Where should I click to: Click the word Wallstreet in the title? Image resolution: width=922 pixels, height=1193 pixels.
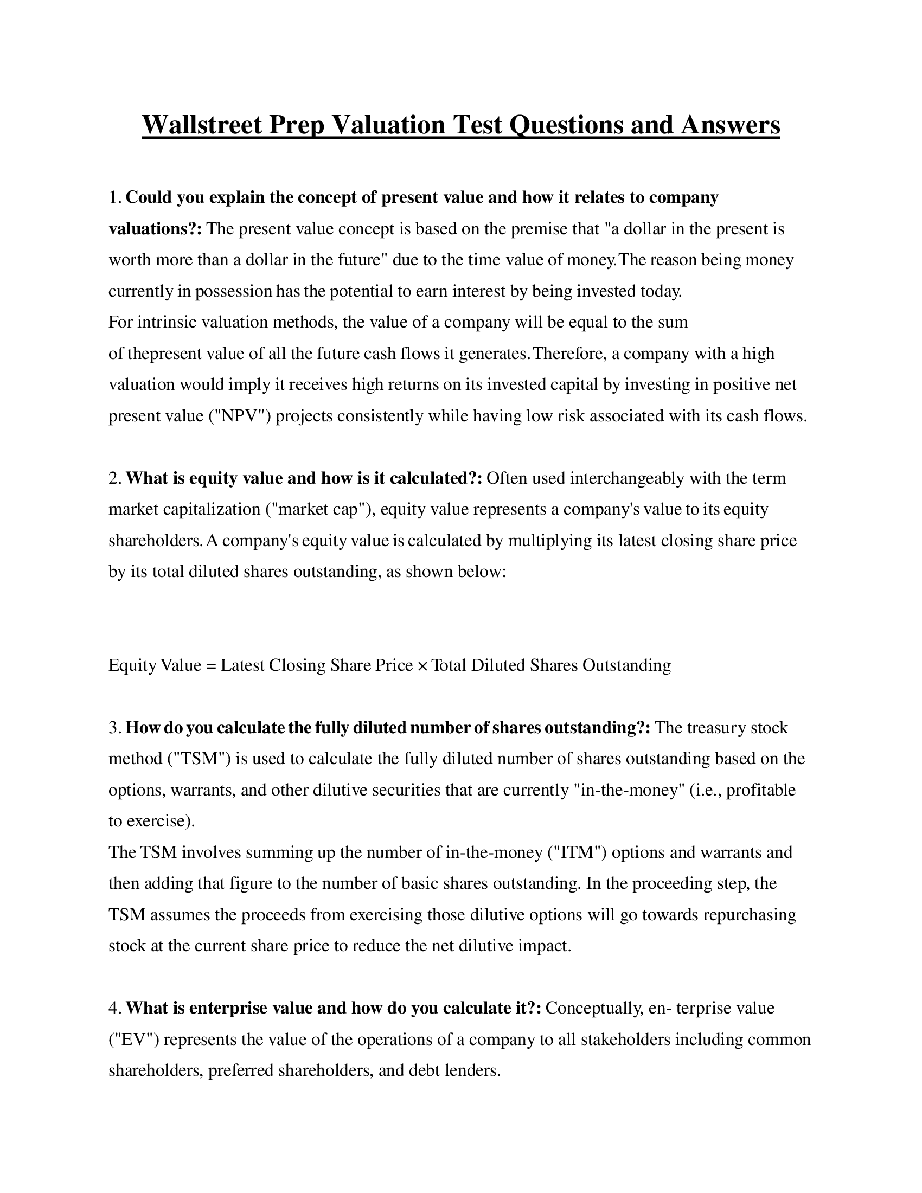coord(202,125)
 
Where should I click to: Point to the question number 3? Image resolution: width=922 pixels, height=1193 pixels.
coord(114,728)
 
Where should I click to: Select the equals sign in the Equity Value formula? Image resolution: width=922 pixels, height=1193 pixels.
coord(211,665)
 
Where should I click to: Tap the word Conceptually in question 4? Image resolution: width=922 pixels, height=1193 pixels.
coord(594,1008)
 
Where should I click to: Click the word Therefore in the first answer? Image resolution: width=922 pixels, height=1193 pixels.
coord(568,354)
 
